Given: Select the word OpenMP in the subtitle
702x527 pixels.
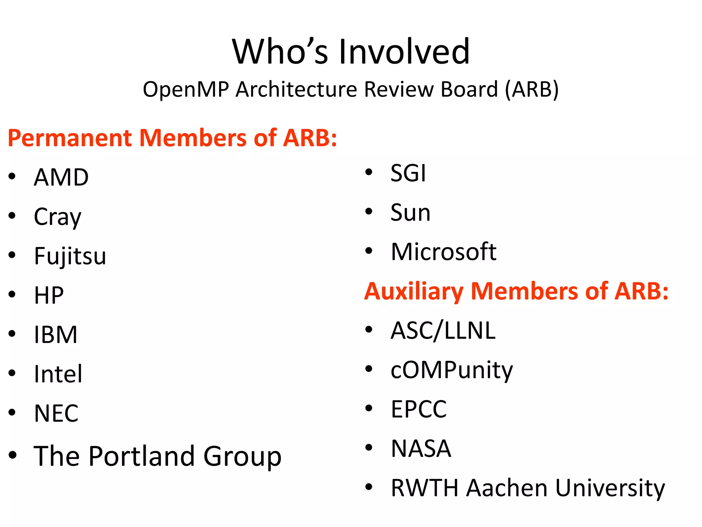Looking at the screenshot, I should pos(186,90).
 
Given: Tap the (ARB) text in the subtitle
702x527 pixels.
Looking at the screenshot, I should pos(532,90).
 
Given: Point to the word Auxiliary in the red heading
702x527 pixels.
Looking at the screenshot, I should pos(414,291).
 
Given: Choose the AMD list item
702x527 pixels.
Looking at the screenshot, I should pos(61,177).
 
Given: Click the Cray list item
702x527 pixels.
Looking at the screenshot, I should pos(58,217).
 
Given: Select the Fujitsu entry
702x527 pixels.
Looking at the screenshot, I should pos(70,256).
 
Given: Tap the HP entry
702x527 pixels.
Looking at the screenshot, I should pos(49,295).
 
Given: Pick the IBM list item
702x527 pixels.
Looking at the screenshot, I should pos(56,335).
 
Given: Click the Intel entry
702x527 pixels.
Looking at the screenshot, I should pos(58,374).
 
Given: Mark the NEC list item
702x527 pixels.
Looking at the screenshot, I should pos(56,413).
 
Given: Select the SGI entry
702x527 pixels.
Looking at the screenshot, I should pos(408,173).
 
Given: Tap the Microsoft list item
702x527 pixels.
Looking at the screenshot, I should pos(444,252).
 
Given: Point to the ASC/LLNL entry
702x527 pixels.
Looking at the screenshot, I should pos(443,331).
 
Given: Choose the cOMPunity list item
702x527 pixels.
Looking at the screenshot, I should pos(452,370).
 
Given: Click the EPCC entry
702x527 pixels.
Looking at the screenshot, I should pos(419,409).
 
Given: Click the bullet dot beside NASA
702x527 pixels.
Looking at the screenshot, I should pos(369,447).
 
